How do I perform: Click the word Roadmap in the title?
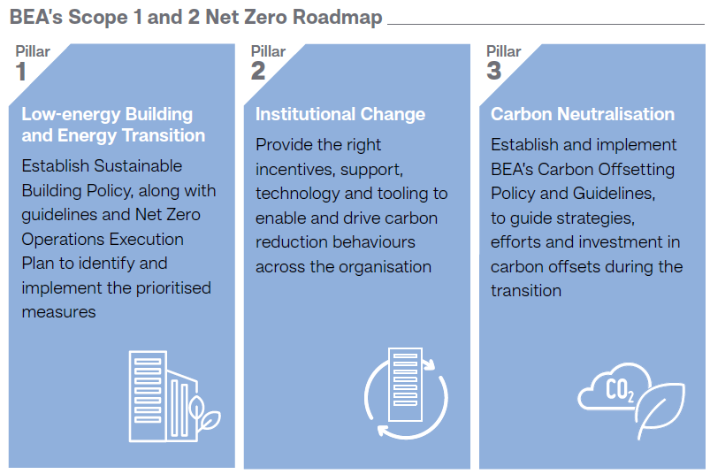tap(338, 17)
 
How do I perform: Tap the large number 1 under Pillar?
tap(21, 72)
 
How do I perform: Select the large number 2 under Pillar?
tap(258, 71)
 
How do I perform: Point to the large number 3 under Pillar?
tap(494, 71)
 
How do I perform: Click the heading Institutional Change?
tap(340, 114)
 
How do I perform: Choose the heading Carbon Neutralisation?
tap(583, 114)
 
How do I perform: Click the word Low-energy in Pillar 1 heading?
tap(71, 115)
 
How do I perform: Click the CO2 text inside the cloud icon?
tap(620, 390)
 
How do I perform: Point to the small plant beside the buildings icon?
tap(203, 413)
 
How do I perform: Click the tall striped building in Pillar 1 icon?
tap(148, 396)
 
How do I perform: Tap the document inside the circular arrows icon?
tap(405, 385)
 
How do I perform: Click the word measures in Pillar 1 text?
tap(59, 312)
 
